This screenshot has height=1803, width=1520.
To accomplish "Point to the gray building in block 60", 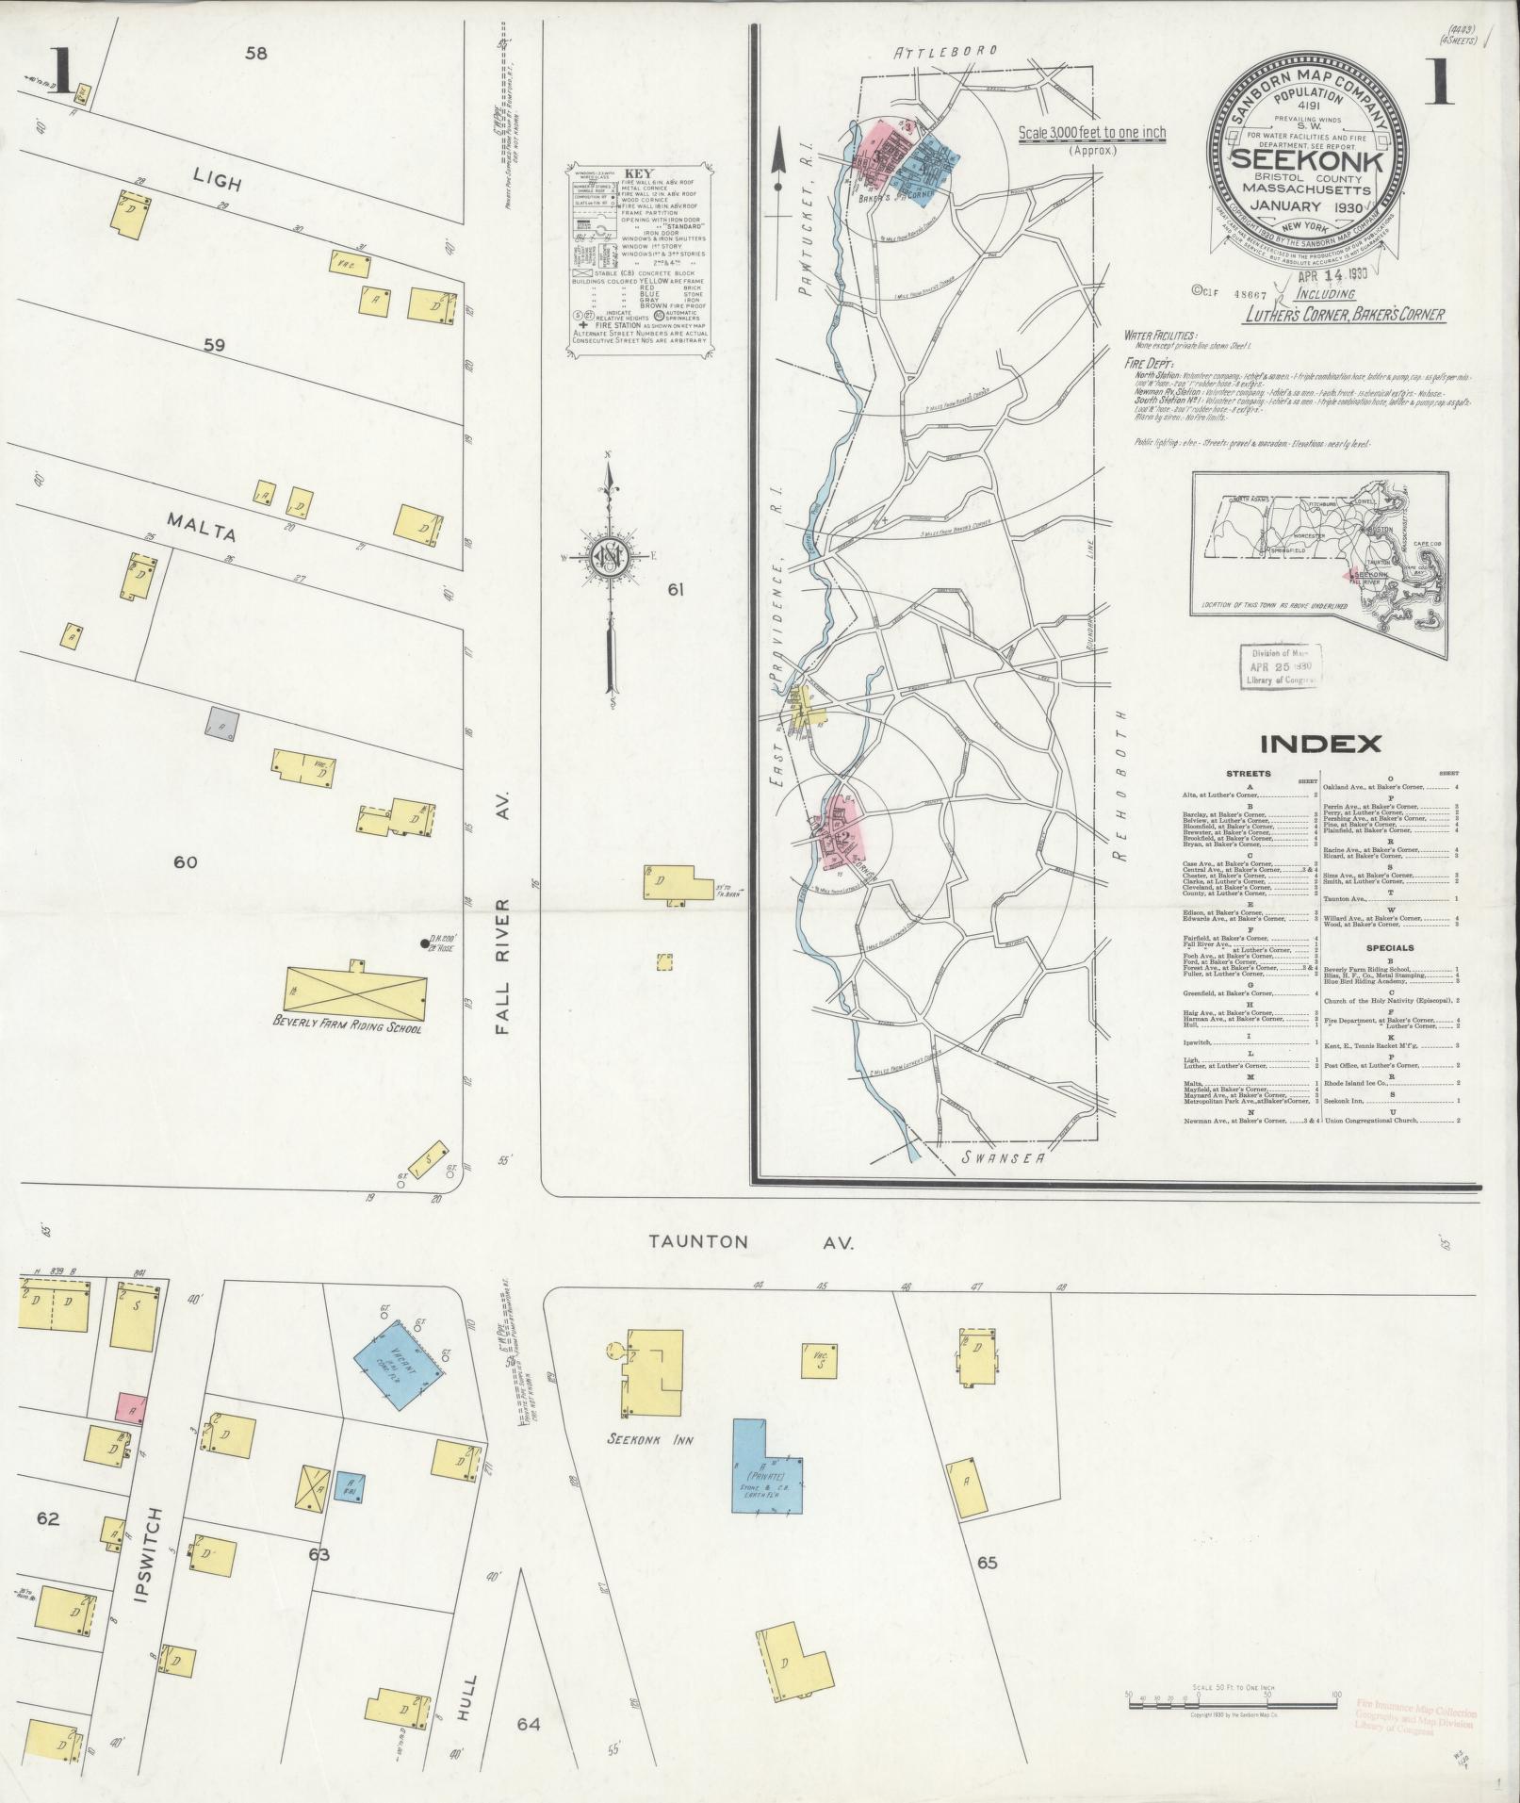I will (x=221, y=723).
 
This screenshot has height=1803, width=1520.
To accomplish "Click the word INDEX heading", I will (x=1320, y=744).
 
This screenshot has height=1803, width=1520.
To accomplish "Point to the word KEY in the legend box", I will (x=637, y=173).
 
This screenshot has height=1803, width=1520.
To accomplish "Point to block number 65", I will (x=987, y=1563).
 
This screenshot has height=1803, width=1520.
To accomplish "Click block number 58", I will (x=255, y=54).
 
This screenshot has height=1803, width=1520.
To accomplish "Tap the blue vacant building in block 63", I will (x=400, y=1364).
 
